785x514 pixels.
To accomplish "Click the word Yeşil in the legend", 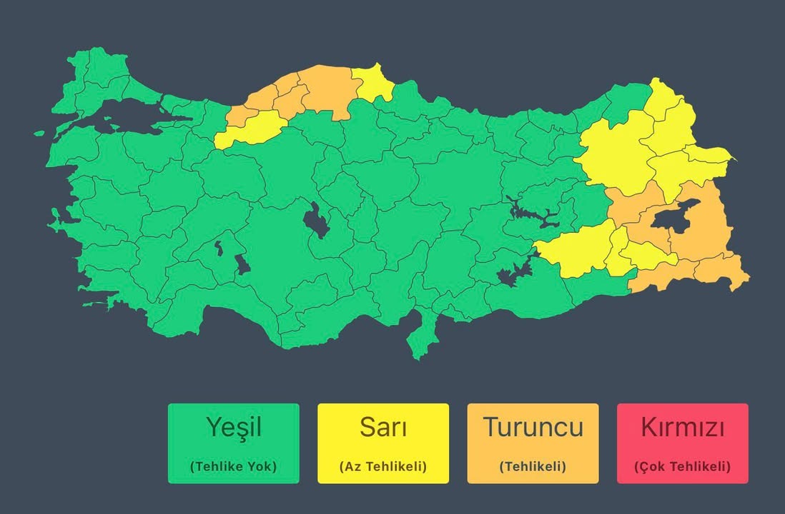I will point(234,427).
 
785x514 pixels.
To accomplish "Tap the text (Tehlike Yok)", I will point(234,467).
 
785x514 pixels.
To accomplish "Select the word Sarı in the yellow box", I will point(383,427).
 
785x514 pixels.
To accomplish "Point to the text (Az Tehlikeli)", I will point(383,467).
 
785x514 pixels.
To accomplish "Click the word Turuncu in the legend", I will point(533,427).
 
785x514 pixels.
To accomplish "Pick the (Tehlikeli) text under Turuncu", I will point(533,467).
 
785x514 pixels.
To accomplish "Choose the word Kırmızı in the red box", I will point(682,427).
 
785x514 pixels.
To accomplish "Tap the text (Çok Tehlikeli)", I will point(682,467).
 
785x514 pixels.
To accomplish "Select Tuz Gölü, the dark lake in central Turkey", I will point(314,221).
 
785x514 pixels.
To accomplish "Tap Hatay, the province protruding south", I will point(421,336).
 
